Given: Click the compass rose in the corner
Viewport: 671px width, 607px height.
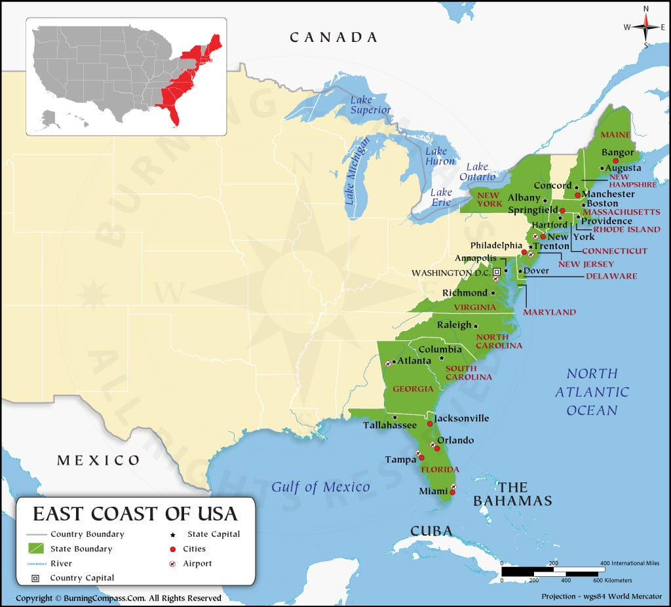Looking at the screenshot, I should pyautogui.click(x=645, y=26).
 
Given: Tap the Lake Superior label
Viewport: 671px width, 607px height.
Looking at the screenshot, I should pyautogui.click(x=370, y=105).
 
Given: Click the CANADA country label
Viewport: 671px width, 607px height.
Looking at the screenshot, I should pyautogui.click(x=334, y=37).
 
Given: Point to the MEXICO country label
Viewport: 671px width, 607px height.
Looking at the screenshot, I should pyautogui.click(x=98, y=460).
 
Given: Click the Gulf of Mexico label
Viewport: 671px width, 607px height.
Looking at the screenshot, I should pyautogui.click(x=320, y=487).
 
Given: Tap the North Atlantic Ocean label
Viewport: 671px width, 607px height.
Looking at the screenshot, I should pyautogui.click(x=592, y=391).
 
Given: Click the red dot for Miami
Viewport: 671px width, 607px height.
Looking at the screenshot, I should pyautogui.click(x=452, y=492).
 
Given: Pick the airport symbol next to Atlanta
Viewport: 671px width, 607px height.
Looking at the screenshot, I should pyautogui.click(x=389, y=362).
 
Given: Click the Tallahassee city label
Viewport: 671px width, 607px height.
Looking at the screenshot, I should pyautogui.click(x=390, y=425).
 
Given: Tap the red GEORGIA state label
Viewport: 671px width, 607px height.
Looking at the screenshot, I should pyautogui.click(x=413, y=389).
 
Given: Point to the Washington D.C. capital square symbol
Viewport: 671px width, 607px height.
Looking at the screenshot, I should pyautogui.click(x=497, y=271).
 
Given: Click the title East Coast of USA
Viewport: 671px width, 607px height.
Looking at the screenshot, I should pyautogui.click(x=135, y=512).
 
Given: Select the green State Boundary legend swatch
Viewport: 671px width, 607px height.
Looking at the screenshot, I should pyautogui.click(x=37, y=549).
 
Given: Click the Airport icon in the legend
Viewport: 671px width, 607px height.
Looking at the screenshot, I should pyautogui.click(x=172, y=564).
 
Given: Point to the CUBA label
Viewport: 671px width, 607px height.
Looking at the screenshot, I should pyautogui.click(x=431, y=530).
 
